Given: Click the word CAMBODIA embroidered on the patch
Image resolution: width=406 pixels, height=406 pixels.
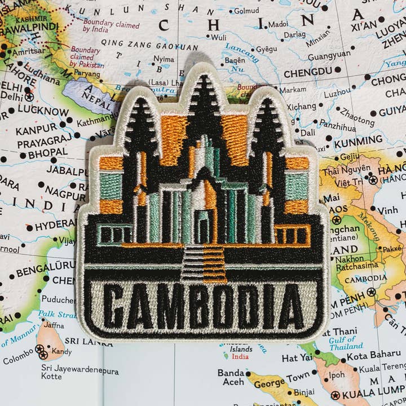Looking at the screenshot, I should tap(204, 307).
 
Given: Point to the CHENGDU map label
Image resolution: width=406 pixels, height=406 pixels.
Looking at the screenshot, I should tap(307, 73).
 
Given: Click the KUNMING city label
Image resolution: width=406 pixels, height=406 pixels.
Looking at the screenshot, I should tap(358, 142).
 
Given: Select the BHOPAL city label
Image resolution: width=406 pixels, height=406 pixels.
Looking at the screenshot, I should tap(47, 153).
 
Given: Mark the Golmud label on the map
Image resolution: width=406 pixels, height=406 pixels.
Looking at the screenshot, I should tap(246, 10).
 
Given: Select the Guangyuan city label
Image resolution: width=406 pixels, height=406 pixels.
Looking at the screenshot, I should tap(329, 56).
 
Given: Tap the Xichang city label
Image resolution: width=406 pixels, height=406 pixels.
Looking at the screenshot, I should tap(302, 106).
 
